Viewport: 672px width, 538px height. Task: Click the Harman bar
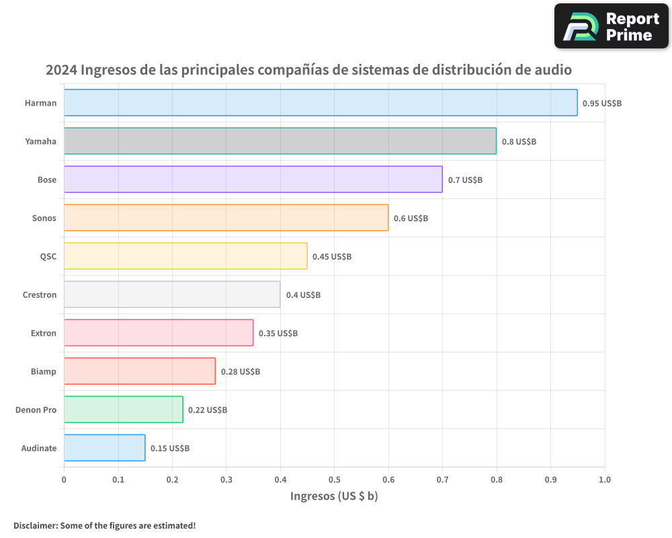coord(321,103)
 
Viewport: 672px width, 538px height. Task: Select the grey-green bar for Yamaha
coord(280,141)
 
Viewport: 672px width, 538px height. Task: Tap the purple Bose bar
coord(253,180)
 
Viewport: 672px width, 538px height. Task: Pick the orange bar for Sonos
coord(226,218)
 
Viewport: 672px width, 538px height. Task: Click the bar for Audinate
coord(104,448)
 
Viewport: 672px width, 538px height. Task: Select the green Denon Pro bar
coord(123,410)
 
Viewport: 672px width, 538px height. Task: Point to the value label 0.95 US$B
coord(602,104)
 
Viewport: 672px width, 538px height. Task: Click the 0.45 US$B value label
coord(332,257)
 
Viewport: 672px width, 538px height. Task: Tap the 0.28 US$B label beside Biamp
coord(241,372)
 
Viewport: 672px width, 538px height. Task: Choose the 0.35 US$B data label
coord(278,334)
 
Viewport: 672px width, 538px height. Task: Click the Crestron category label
coord(40,295)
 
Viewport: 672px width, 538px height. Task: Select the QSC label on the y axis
coord(48,257)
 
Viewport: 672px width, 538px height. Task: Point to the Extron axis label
coord(44,334)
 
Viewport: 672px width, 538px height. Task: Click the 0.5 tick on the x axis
coord(334,479)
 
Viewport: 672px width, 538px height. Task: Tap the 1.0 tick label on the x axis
coord(604,479)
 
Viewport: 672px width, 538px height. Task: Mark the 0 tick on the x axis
coord(64,479)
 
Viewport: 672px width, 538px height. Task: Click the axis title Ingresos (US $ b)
coord(334,496)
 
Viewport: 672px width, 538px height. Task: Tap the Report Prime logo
coord(611,26)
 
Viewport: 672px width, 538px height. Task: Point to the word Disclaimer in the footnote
coord(35,525)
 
